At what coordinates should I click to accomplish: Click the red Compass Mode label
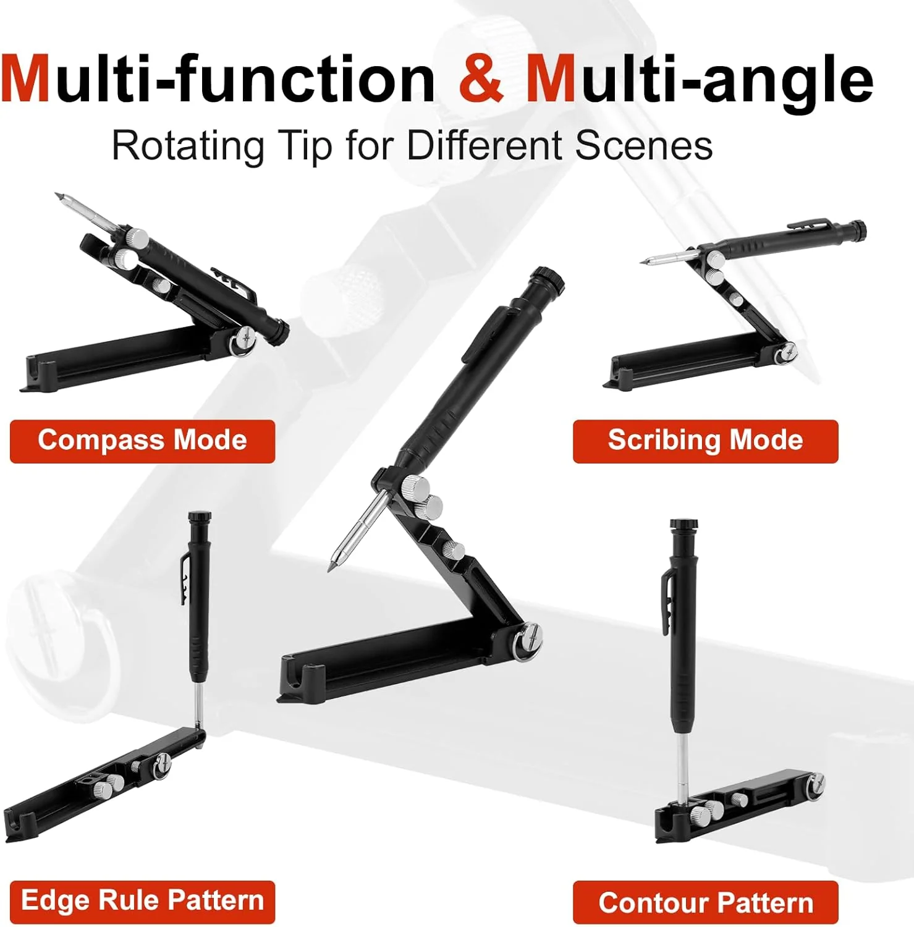coord(142,441)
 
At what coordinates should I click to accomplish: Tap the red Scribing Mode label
coord(705,441)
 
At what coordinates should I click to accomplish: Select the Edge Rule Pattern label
coord(142,901)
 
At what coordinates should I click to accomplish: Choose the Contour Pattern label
coord(705,903)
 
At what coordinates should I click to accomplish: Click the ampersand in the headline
coord(481,79)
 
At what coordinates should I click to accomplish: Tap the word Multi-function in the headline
coord(218,79)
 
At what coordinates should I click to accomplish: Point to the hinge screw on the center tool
coord(531,636)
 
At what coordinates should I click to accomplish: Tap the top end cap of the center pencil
coord(549,278)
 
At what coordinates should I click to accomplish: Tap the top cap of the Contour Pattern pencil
coord(684,525)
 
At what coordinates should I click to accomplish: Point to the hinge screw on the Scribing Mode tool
coord(787,353)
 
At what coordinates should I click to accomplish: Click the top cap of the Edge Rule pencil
coord(200,516)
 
